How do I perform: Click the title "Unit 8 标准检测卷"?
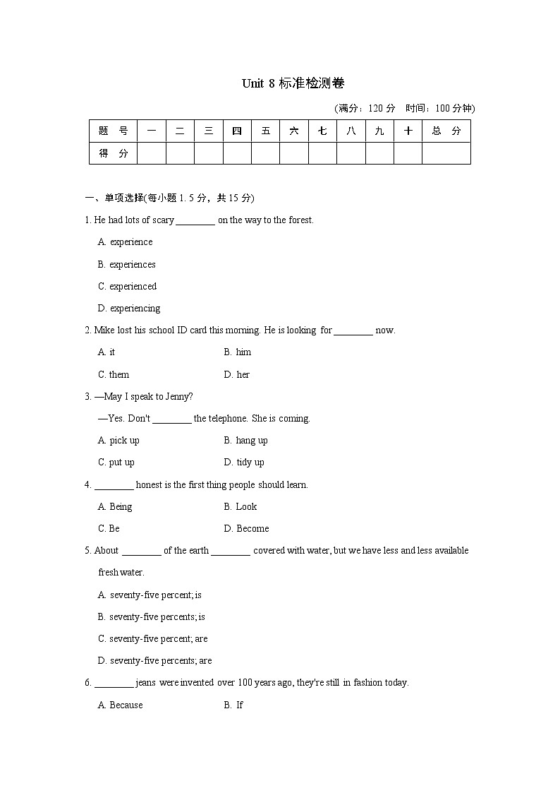[293, 84]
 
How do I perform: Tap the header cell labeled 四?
[237, 131]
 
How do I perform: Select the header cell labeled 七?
[322, 131]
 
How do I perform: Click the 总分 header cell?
[446, 131]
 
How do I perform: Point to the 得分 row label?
[113, 153]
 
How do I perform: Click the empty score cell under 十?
[408, 153]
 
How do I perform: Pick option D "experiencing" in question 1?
[129, 309]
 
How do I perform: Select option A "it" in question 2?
[106, 352]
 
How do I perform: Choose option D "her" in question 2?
[237, 375]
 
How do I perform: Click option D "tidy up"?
[244, 463]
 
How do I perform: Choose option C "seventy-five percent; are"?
[153, 639]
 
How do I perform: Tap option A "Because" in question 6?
[121, 705]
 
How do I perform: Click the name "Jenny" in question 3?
[180, 397]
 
